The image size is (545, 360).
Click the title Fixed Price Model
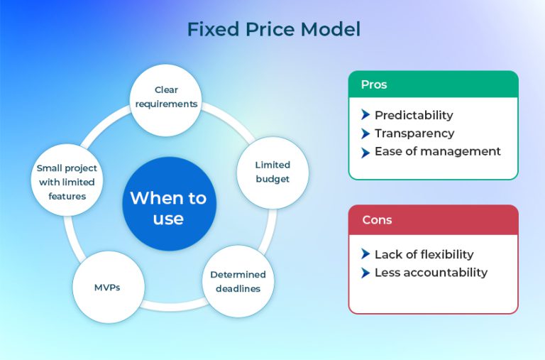coord(273,29)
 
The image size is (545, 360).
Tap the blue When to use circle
coord(168,209)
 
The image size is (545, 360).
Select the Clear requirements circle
coord(166,97)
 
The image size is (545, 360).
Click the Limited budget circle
coord(272,173)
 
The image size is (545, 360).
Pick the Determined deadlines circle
coord(238,281)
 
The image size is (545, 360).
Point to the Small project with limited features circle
coord(67,182)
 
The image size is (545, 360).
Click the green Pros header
coord(433,84)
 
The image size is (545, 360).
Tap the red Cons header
coord(433,219)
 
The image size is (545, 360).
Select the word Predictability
coord(414,115)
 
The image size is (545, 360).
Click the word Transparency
coord(414,133)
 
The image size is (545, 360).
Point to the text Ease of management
coord(437,151)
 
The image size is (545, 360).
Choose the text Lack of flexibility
coord(424,254)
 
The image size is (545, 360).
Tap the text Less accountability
coord(431,273)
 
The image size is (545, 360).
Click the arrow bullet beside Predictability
coord(365,115)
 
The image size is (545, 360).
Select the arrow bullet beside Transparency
coord(365,133)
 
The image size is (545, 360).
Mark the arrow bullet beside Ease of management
coord(365,151)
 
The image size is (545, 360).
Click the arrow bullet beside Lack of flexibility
coord(365,254)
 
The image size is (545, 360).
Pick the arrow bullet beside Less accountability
coord(365,273)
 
